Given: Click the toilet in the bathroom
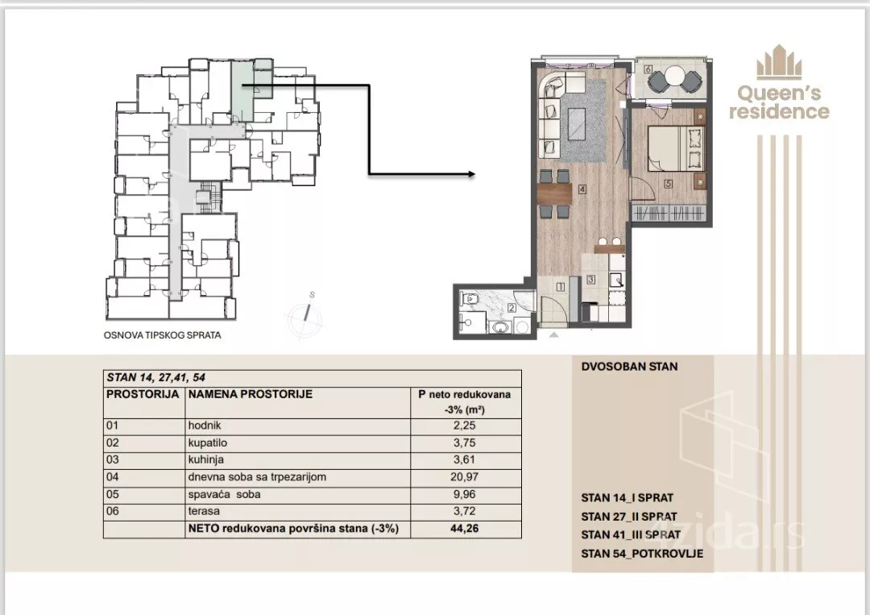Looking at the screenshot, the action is click(x=470, y=300).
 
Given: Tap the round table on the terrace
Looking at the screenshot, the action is click(x=675, y=76).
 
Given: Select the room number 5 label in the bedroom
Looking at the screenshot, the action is click(x=668, y=184).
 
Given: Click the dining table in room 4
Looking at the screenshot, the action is click(x=555, y=194).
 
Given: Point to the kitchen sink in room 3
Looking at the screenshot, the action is click(x=616, y=279).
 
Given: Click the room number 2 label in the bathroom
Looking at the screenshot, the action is click(x=511, y=308).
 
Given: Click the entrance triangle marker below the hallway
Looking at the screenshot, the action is click(x=553, y=335).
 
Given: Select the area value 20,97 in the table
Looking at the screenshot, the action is click(x=465, y=477).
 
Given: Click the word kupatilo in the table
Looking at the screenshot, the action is click(x=208, y=443).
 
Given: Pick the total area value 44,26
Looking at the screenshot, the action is click(x=465, y=529).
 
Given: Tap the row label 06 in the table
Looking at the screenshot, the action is click(x=112, y=511).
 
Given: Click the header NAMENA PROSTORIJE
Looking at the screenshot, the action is click(x=251, y=394).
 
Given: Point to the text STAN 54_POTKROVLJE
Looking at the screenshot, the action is click(x=642, y=554).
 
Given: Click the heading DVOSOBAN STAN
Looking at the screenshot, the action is click(x=629, y=366).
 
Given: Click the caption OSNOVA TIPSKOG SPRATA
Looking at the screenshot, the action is click(x=163, y=335).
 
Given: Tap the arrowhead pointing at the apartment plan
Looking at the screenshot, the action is click(x=471, y=174).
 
